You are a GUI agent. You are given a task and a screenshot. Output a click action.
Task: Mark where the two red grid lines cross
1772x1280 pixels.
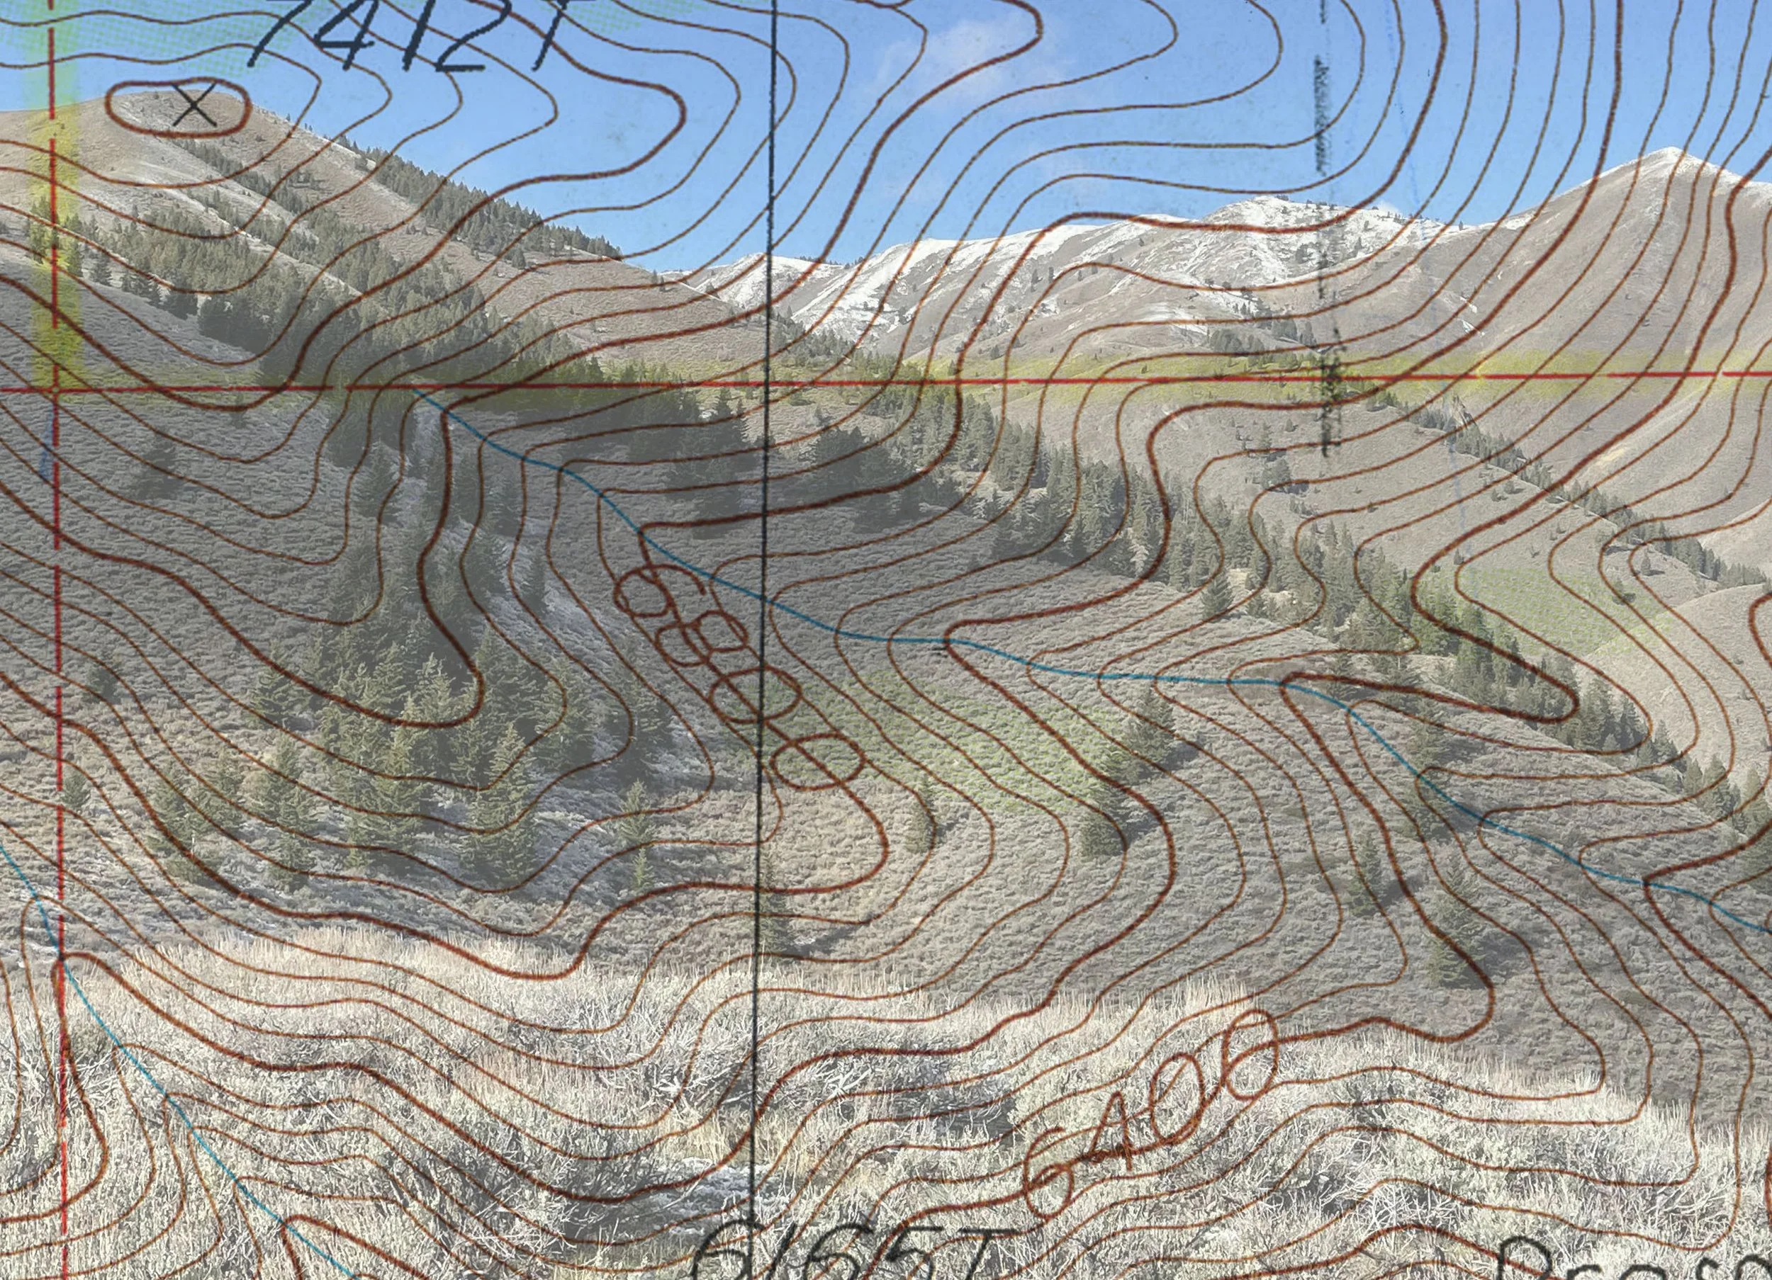54,387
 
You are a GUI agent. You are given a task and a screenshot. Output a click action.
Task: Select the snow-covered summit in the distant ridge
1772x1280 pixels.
1250,205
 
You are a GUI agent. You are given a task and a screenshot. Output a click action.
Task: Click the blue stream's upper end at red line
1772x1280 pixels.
417,389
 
